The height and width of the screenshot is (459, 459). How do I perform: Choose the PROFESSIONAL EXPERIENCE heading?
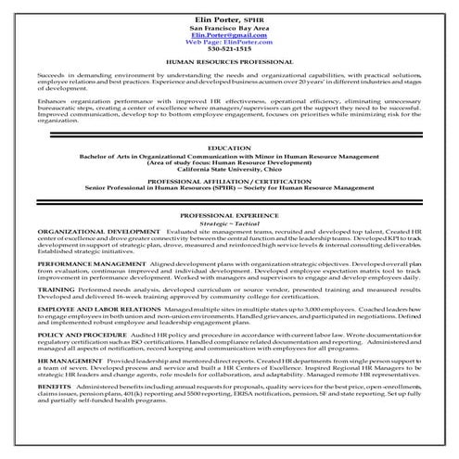point(229,239)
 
